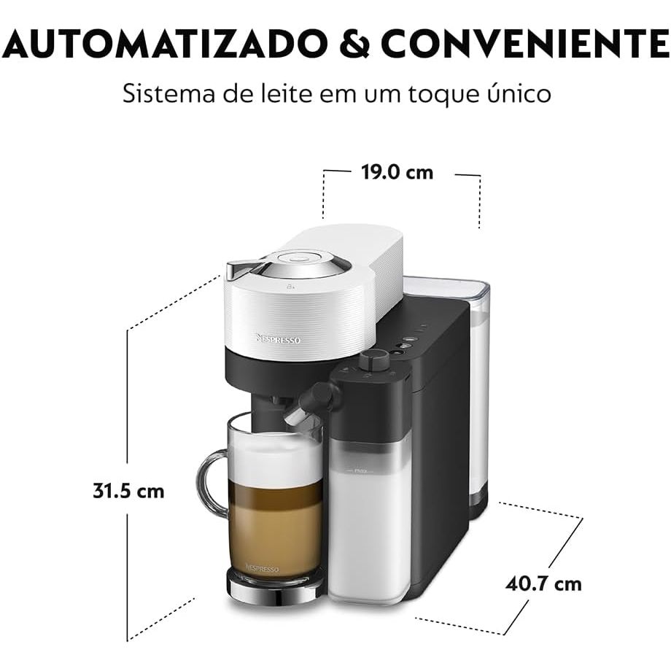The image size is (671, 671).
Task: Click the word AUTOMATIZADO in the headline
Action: (165, 43)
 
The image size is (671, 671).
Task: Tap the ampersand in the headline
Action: (353, 43)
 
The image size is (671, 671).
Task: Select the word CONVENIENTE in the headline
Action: (524, 43)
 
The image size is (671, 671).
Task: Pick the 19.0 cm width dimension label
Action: (397, 172)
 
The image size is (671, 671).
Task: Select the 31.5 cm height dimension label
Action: (128, 491)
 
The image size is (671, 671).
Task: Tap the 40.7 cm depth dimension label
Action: (543, 583)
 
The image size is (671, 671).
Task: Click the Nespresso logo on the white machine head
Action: (278, 339)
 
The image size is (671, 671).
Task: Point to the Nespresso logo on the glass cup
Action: (262, 569)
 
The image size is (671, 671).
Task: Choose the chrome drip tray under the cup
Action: (274, 588)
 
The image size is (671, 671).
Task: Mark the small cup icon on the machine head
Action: (291, 287)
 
